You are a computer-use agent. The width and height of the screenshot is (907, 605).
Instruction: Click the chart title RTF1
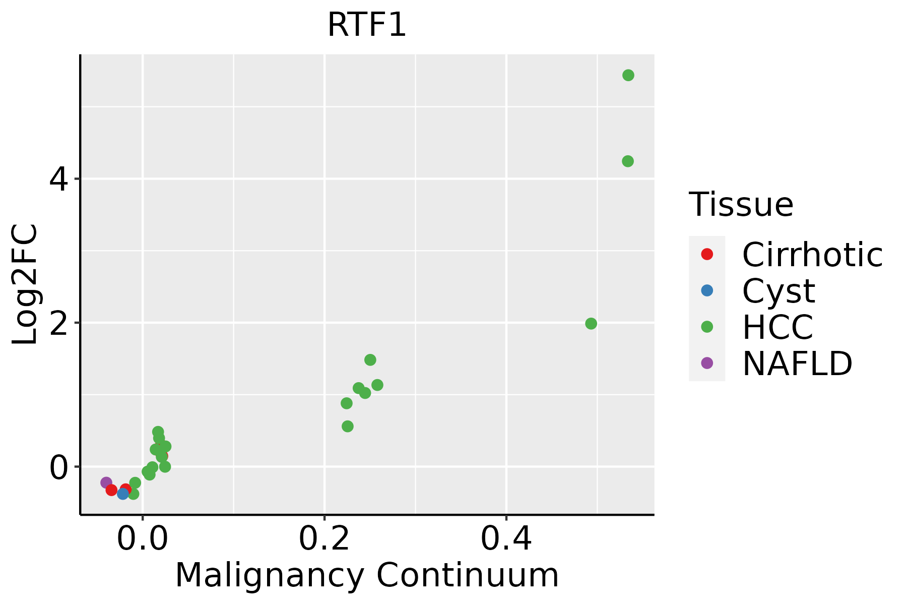(x=366, y=25)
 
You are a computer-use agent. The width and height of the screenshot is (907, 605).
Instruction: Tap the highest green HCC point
(x=628, y=75)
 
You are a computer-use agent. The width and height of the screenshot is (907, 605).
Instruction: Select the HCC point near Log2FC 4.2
(x=627, y=161)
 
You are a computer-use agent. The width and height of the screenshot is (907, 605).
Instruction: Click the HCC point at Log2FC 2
(x=591, y=324)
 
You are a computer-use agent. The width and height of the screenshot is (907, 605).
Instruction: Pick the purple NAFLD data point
(x=106, y=482)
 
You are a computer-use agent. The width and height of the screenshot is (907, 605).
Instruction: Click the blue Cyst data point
(x=123, y=494)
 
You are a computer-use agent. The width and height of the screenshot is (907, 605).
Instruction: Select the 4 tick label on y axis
(x=58, y=179)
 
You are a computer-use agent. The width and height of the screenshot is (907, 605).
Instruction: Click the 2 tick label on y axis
(x=58, y=323)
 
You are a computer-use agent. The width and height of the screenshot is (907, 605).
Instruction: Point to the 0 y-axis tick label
(x=58, y=467)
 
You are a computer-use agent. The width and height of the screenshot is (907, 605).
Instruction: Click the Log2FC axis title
(x=25, y=285)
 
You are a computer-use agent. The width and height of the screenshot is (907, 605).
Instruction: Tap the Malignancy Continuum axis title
(x=367, y=575)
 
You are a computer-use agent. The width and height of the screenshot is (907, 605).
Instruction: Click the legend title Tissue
(x=741, y=205)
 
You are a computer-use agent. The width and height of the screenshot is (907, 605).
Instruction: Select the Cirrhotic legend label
(x=812, y=255)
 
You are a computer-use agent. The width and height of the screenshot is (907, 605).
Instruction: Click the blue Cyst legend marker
(x=707, y=290)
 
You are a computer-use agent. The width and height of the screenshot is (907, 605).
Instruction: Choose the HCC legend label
(x=778, y=327)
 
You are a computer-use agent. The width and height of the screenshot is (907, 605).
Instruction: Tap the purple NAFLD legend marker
(x=707, y=362)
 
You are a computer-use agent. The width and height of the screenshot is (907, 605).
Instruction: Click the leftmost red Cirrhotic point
(x=111, y=490)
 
